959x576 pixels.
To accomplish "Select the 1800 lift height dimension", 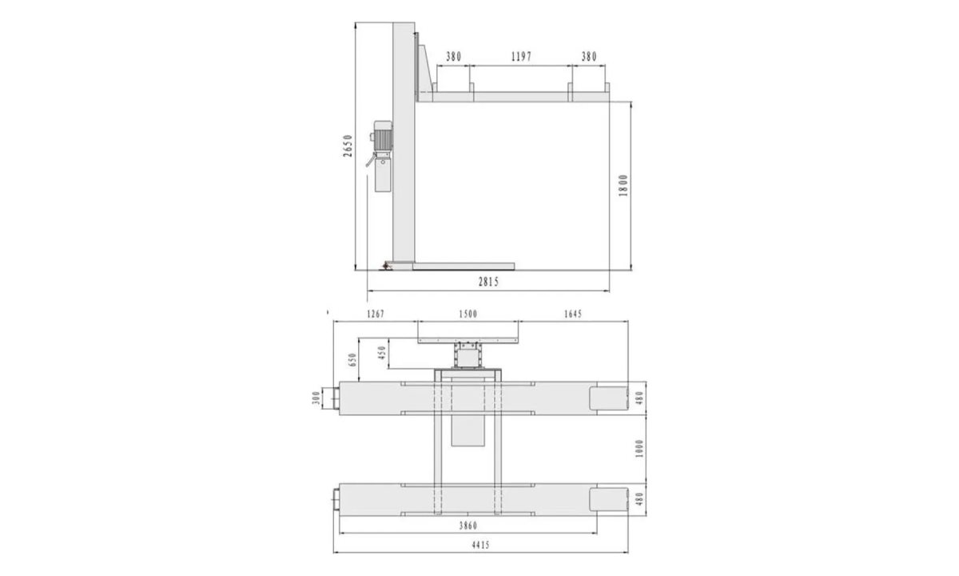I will (x=624, y=185).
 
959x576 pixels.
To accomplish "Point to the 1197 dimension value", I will (x=520, y=57).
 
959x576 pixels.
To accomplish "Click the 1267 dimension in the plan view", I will (x=374, y=314).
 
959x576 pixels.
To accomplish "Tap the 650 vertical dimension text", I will (x=352, y=361).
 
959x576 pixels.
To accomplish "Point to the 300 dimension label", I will (x=316, y=397).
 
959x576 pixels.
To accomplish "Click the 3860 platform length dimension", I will (x=468, y=526).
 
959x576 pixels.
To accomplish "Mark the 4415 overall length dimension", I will (x=479, y=545).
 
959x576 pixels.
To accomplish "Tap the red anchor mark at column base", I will (x=386, y=265).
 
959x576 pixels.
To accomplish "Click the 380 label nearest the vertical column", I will (x=453, y=57).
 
